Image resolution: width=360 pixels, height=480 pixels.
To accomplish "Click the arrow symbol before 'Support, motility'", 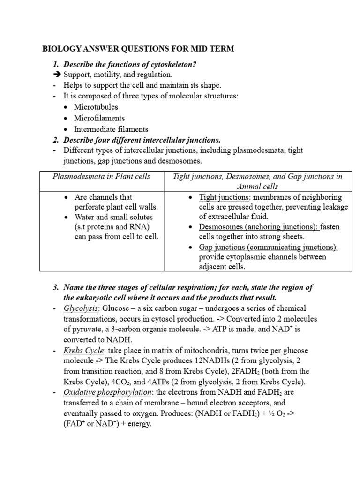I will click(57, 74).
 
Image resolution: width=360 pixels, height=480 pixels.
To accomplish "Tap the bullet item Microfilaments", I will click(99, 118).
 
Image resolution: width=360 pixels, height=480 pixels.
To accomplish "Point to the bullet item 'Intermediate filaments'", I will click(111, 129).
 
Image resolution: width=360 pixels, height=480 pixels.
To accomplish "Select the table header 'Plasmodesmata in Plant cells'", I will click(101, 176).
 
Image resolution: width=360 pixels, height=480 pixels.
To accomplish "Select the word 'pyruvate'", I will click(87, 329).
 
